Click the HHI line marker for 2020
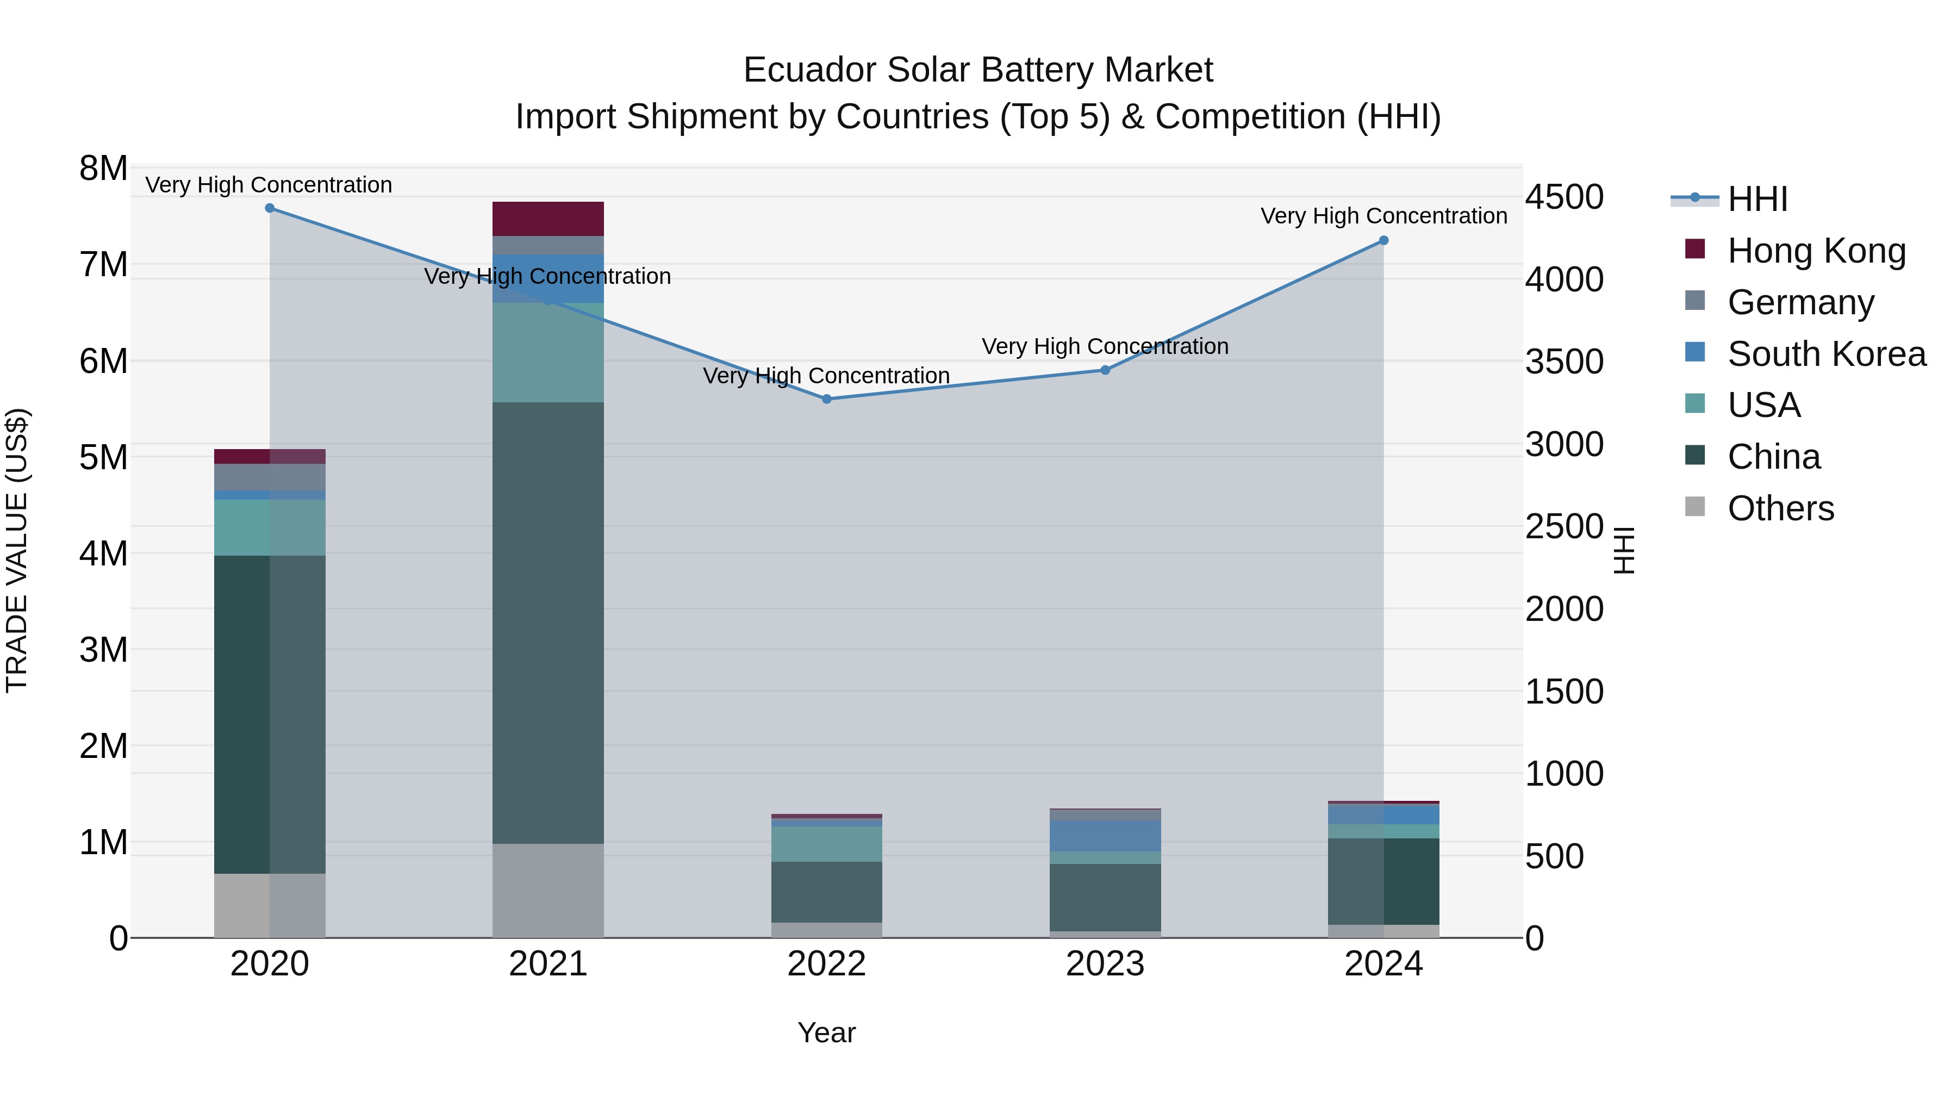(270, 208)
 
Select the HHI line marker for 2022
(826, 399)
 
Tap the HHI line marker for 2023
(1105, 370)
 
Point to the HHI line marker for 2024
(1383, 241)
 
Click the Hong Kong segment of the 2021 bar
(548, 219)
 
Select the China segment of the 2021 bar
(548, 623)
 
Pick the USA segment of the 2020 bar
(270, 527)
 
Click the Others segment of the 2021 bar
(548, 891)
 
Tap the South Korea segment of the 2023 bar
(1105, 836)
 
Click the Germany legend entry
(1800, 302)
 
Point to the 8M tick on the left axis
(103, 169)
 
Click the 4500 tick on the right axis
(1564, 197)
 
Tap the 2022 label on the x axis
(826, 964)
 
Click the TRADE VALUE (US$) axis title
(17, 551)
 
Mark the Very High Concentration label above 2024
(1383, 216)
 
